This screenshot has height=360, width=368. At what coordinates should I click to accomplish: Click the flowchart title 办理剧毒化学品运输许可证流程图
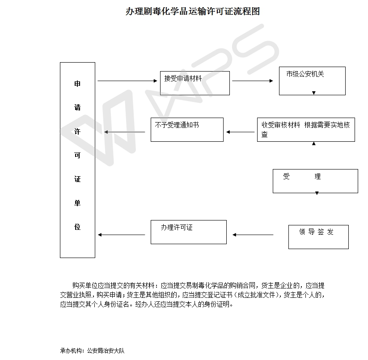[192, 11]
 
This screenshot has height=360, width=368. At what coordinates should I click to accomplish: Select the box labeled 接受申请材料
[195, 83]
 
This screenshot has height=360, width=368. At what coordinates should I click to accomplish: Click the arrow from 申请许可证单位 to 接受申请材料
[127, 81]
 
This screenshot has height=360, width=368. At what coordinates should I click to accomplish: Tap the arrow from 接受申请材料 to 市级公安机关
[253, 81]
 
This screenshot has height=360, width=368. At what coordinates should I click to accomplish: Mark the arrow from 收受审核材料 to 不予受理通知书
[240, 132]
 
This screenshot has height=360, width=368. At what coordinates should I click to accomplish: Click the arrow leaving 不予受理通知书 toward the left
[125, 132]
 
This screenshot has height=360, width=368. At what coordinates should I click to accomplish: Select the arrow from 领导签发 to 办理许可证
[253, 235]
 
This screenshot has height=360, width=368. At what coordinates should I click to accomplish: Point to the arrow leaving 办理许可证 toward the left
[122, 235]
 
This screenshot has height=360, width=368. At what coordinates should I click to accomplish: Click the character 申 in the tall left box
[77, 84]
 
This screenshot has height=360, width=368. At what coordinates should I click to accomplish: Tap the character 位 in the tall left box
[77, 227]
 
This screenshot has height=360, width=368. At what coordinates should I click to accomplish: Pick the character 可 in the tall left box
[77, 155]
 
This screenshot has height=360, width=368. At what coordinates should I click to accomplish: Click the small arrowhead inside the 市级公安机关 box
[314, 93]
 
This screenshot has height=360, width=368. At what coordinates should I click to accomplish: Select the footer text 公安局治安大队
[106, 351]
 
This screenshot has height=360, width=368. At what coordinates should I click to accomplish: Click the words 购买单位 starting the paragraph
[85, 285]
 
